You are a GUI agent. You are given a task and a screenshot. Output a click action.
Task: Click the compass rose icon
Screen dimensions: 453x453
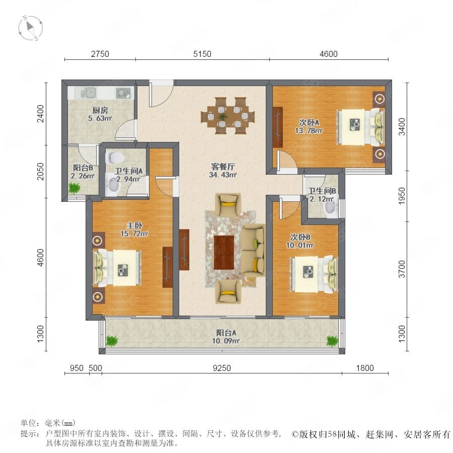tap(30, 28)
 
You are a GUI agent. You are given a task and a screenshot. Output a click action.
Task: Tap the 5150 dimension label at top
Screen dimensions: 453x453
tap(202, 54)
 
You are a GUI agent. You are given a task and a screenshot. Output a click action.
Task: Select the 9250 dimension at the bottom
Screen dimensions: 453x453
tap(222, 368)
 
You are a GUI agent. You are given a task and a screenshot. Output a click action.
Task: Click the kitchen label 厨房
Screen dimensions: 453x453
tap(100, 110)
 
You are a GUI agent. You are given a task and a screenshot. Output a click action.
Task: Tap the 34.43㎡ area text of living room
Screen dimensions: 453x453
tap(223, 175)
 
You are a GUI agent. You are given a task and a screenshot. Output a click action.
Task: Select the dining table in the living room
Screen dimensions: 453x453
tap(228, 116)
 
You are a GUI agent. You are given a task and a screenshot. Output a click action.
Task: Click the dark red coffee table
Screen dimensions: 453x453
tap(224, 252)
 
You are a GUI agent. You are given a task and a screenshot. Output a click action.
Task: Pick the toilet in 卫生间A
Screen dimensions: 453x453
tap(115, 158)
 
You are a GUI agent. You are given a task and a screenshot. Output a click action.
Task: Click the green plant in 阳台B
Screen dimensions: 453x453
tap(74, 188)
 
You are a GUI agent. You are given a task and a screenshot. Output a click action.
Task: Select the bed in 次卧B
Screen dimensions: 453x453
tap(314, 273)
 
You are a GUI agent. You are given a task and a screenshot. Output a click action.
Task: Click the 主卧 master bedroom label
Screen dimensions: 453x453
tap(134, 225)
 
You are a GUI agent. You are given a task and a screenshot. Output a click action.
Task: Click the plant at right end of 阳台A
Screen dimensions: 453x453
tap(332, 340)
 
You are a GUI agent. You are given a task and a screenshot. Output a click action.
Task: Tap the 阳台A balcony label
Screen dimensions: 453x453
tap(226, 333)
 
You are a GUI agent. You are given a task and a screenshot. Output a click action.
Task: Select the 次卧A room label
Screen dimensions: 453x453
tap(309, 123)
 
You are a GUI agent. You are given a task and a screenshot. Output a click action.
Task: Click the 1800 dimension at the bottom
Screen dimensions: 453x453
tap(365, 368)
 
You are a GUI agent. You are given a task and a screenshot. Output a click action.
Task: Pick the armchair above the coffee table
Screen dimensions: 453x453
tap(228, 204)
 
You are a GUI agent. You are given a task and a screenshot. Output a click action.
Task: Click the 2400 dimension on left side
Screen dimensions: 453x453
tap(40, 114)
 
